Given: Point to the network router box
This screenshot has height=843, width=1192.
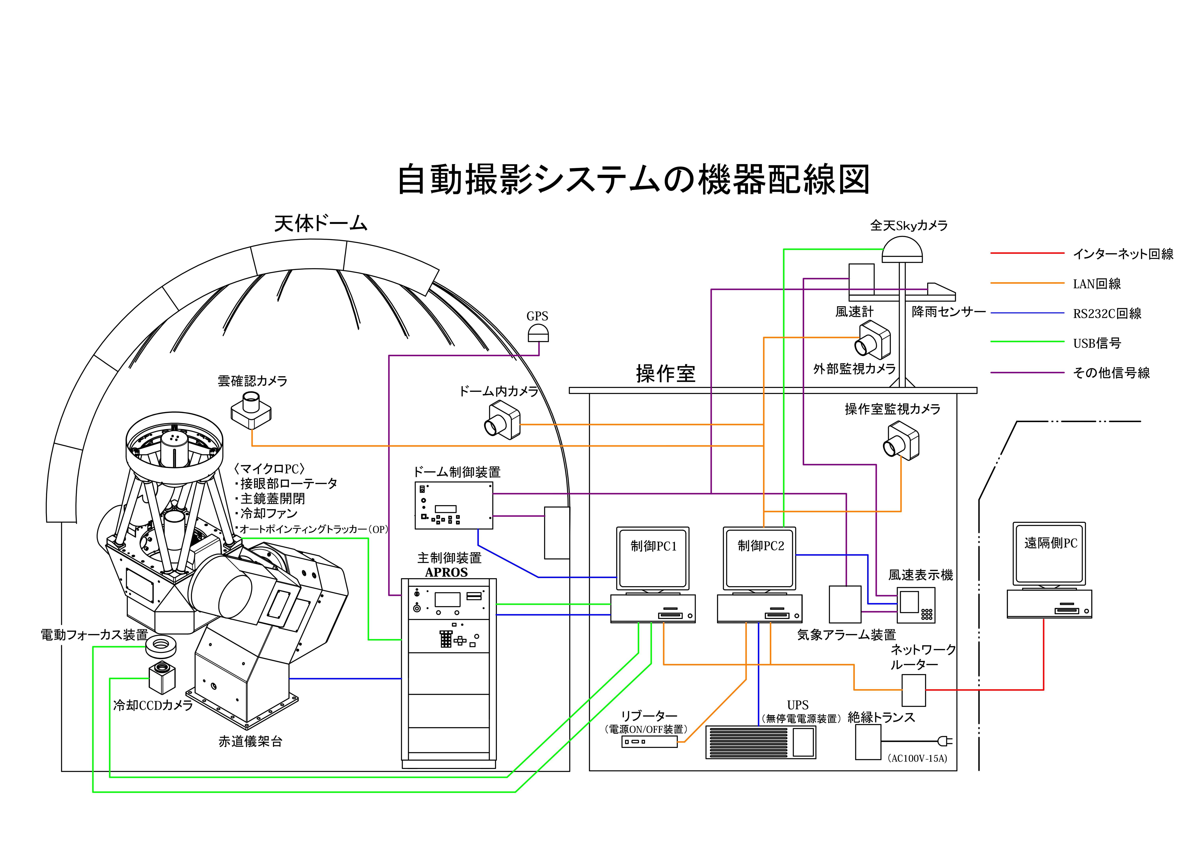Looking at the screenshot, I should point(914,690).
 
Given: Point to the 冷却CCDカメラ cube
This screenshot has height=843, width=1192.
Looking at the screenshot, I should point(162,677).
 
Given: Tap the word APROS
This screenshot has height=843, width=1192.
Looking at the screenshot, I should point(446,572).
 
